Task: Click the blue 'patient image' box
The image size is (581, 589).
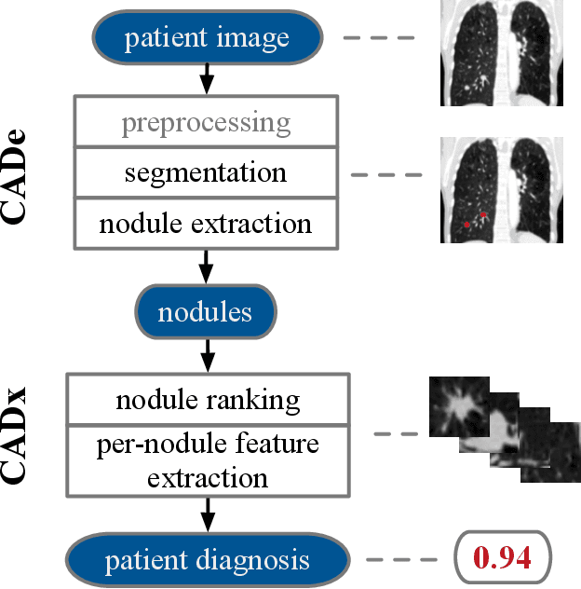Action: pyautogui.click(x=207, y=39)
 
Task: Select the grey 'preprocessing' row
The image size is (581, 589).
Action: pyautogui.click(x=208, y=122)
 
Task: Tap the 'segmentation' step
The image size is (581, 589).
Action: pyautogui.click(x=208, y=173)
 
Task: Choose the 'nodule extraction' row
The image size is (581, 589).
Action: pyautogui.click(x=208, y=224)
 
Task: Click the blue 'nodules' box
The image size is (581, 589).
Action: pyautogui.click(x=207, y=310)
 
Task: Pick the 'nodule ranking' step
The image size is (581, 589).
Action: pyautogui.click(x=208, y=400)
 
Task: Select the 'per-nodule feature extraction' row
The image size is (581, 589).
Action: pyautogui.click(x=208, y=461)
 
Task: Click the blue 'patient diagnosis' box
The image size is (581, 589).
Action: pyautogui.click(x=207, y=560)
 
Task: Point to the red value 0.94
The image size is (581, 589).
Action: pyautogui.click(x=502, y=559)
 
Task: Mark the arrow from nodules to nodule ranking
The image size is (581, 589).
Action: pyautogui.click(x=208, y=354)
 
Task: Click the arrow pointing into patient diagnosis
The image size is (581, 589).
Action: pyautogui.click(x=208, y=514)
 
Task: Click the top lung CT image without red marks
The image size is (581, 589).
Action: pyautogui.click(x=502, y=52)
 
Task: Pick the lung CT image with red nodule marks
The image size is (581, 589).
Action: pyautogui.click(x=502, y=189)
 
